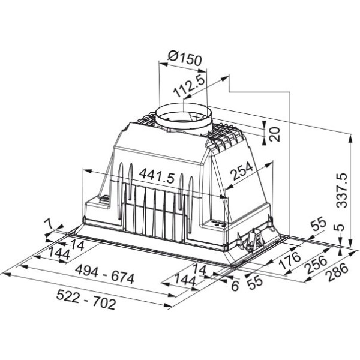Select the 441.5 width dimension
[x=157, y=176]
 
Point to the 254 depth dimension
[x=242, y=171]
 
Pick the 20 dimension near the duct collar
[x=275, y=134]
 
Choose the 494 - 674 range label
[x=104, y=274]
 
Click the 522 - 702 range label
[x=86, y=299]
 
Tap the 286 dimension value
[x=338, y=272]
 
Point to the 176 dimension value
[x=290, y=260]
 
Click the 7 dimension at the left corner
[x=49, y=224]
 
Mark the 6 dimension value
[x=235, y=286]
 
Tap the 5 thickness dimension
[x=341, y=227]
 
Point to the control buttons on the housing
[x=219, y=223]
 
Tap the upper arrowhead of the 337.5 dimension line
[x=350, y=139]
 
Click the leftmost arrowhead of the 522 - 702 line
[x=6, y=274]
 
